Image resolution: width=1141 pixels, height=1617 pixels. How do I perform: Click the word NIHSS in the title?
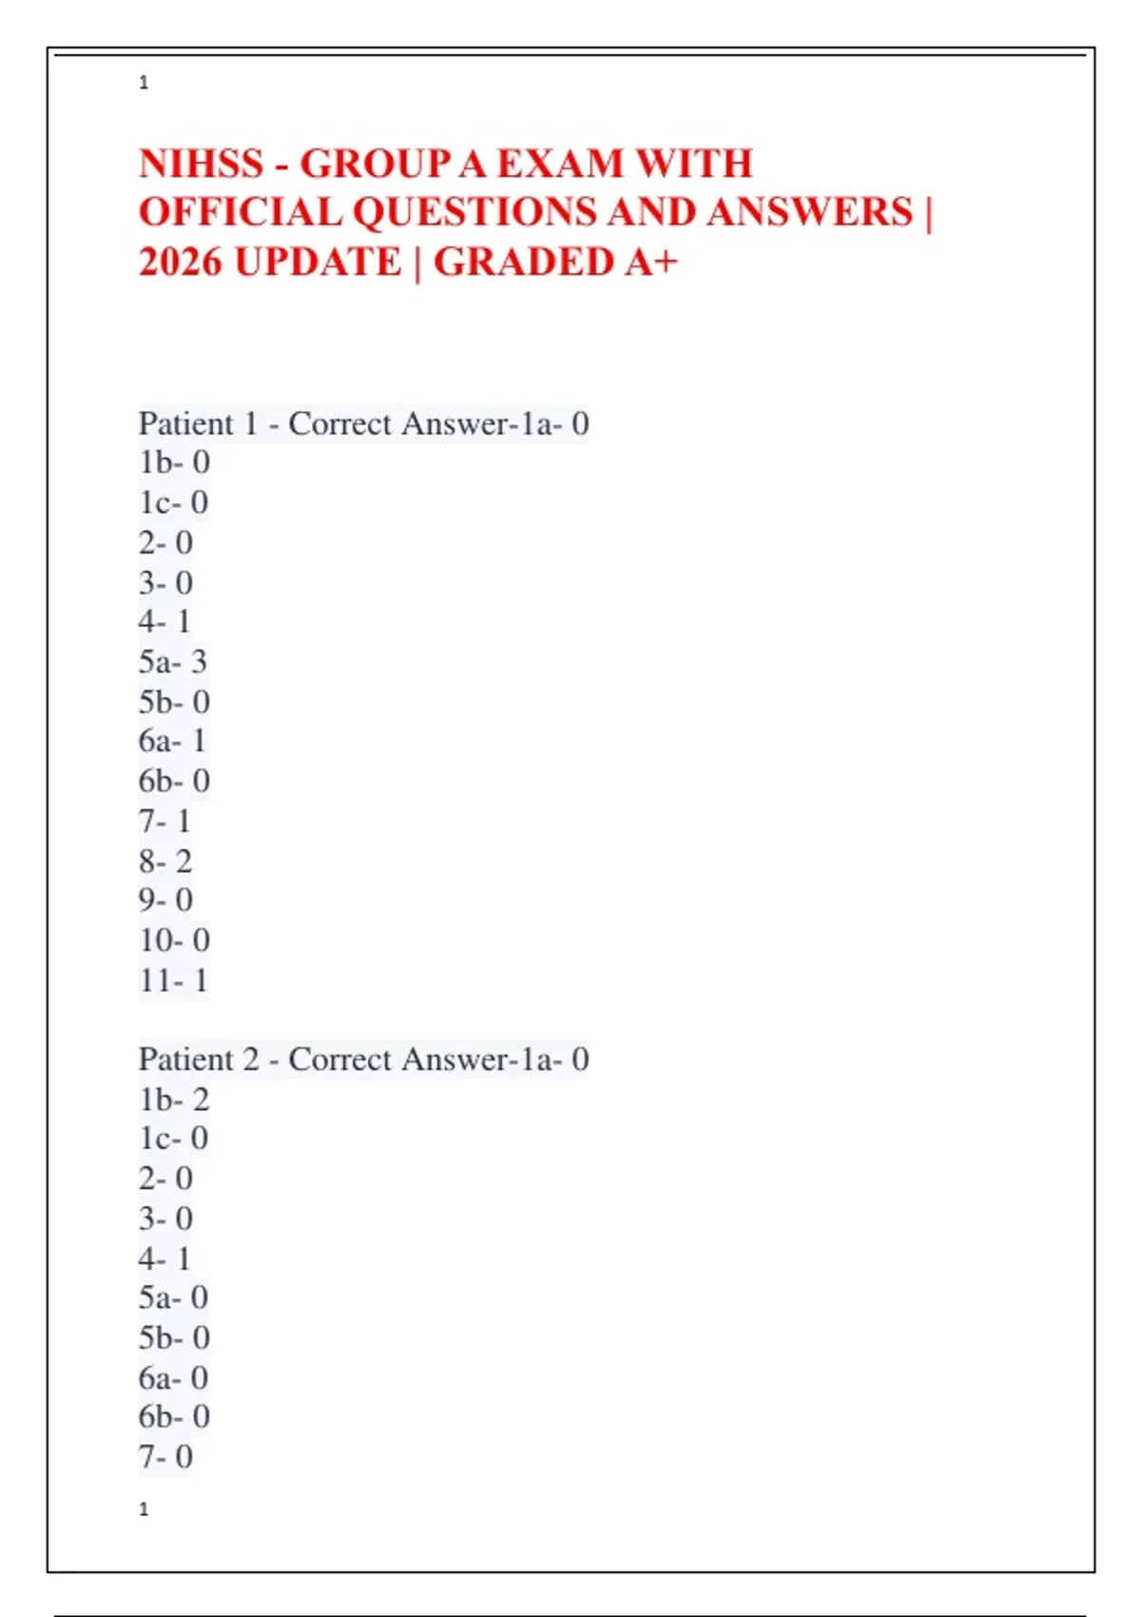(201, 164)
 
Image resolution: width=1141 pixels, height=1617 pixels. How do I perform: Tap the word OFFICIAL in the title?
(240, 212)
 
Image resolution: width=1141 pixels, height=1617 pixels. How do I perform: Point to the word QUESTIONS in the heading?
(474, 212)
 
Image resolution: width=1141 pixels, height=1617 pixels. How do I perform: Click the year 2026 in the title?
(181, 262)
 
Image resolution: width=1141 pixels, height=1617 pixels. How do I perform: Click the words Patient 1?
(198, 423)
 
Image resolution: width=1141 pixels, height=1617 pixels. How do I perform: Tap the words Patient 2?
(198, 1059)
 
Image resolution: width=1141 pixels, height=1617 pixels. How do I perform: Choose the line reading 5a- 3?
(172, 661)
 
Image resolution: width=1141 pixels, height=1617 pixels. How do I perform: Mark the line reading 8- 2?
(165, 861)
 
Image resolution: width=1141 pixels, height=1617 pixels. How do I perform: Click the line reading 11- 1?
(173, 980)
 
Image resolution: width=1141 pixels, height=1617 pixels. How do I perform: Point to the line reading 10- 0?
(174, 940)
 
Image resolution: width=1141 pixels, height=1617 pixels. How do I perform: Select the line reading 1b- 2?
(174, 1099)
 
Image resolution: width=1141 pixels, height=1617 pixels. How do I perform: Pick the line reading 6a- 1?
(172, 740)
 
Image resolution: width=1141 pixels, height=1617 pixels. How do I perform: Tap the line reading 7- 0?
(165, 1456)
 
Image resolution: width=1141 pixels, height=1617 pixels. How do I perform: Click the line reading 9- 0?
(165, 900)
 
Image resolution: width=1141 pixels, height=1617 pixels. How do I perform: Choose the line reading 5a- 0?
(173, 1297)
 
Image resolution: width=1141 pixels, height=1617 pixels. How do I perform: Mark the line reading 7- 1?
(165, 820)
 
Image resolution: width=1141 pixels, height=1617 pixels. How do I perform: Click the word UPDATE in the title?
(319, 262)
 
